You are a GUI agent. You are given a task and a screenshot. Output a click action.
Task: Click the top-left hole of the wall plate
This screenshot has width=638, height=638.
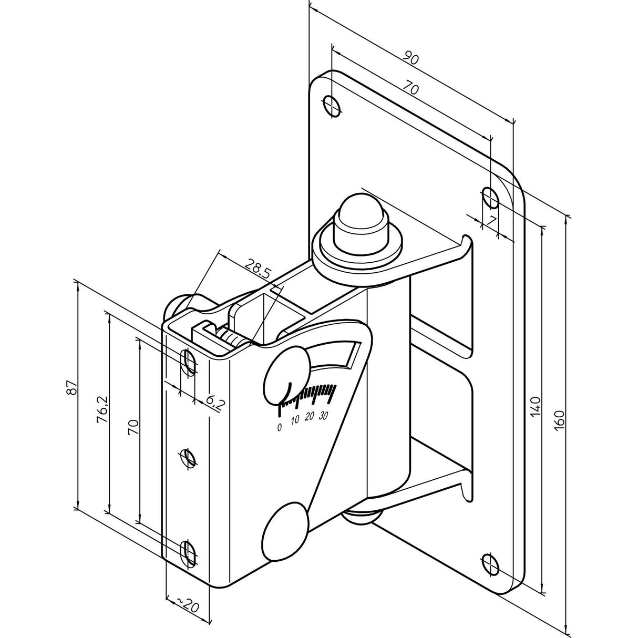click(332, 106)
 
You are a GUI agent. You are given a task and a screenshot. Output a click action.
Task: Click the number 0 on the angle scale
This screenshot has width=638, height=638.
click(280, 427)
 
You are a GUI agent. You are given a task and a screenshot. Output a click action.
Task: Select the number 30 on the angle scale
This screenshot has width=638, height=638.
click(323, 416)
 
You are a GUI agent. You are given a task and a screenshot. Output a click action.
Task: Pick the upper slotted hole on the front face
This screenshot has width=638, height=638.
click(189, 362)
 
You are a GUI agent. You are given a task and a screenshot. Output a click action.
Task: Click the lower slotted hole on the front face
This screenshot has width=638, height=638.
click(189, 553)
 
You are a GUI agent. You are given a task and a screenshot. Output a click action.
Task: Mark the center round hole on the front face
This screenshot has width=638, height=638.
click(188, 458)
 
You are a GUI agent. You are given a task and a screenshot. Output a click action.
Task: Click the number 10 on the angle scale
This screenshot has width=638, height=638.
click(295, 420)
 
